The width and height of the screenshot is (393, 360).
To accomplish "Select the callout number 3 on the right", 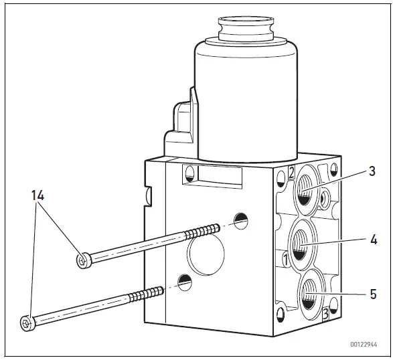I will (x=371, y=170).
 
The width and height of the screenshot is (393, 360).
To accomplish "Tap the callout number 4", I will (x=371, y=238).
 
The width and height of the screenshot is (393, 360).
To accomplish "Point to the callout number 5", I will (x=371, y=293).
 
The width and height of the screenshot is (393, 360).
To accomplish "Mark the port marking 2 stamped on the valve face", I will (x=291, y=173).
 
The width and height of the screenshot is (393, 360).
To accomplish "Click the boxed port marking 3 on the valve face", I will (x=325, y=312).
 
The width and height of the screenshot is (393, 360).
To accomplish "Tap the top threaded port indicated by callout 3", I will (x=305, y=193).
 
